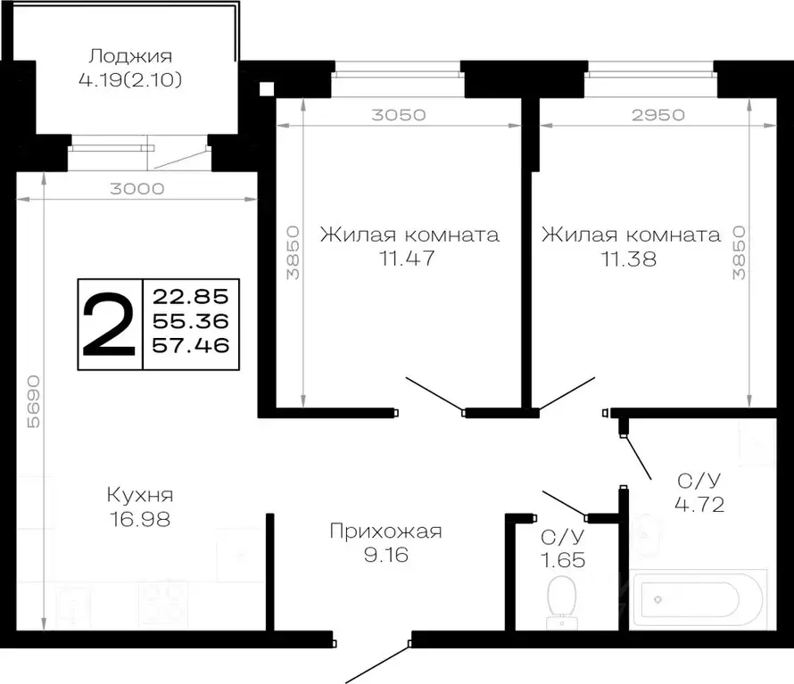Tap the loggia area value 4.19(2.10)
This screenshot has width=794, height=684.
pos(130,80)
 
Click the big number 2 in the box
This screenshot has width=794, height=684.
pos(110,324)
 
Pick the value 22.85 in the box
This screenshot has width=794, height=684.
pos(190,295)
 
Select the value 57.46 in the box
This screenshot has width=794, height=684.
pos(190,344)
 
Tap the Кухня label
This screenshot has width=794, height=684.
pos(139,495)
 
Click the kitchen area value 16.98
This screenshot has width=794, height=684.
pos(139,518)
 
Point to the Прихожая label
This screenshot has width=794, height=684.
pos(385,532)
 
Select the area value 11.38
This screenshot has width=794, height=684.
pos(630,260)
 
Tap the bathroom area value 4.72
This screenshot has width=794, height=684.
pos(698,506)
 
